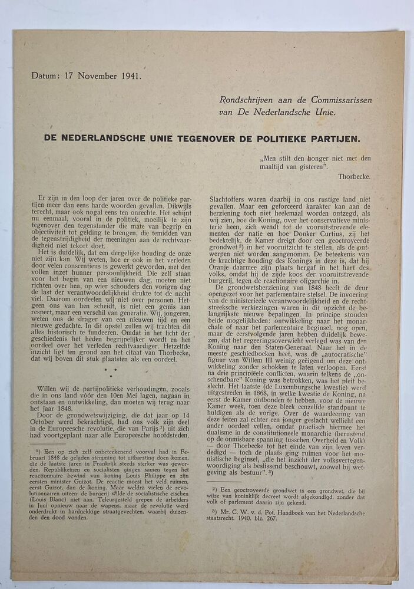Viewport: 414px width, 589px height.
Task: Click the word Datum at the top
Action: pyautogui.click(x=45, y=75)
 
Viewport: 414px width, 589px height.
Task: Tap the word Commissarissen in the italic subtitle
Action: pyautogui.click(x=342, y=100)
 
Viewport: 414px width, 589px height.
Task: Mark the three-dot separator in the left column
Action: pyautogui.click(x=110, y=373)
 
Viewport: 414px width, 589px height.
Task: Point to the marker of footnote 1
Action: pyautogui.click(x=37, y=451)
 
